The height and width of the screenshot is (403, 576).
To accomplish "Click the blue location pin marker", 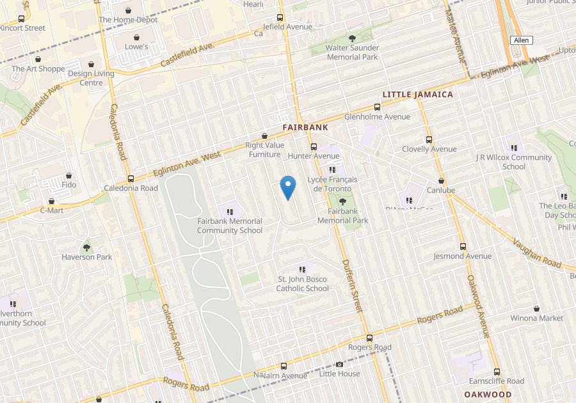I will coord(288,187).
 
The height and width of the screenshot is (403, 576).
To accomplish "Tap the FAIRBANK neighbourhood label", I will coord(305,127).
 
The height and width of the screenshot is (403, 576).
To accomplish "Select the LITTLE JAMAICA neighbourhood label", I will coord(417,95).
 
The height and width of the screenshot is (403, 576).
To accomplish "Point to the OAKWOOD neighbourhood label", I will coord(488,395).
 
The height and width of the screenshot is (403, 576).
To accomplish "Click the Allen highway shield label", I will coord(521,40).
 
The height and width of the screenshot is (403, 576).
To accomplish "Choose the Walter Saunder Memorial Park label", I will coord(352,52).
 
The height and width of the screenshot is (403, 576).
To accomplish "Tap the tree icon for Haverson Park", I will coord(87,247).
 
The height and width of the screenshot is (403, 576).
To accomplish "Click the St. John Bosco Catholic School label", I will coord(302,284).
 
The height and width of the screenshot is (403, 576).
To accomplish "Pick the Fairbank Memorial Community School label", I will coord(229,226).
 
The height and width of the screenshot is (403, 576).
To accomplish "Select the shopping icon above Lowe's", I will coord(137,37).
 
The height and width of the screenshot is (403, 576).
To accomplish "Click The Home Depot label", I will coord(128,20).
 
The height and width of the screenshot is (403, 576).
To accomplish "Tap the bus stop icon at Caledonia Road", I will coord(131,178).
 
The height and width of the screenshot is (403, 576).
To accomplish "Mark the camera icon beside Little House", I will coord(339,364).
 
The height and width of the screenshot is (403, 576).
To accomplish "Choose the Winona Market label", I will coord(536,318).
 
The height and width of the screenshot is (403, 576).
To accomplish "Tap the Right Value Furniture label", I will coord(265,150).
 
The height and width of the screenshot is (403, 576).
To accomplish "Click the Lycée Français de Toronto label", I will coord(329,184).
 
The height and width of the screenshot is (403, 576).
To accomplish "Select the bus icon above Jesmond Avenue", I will coord(462,246).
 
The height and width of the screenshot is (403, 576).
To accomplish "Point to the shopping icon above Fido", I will coord(68,175).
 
